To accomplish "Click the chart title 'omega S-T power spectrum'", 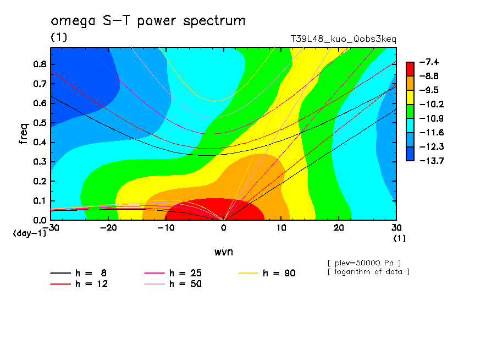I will click(x=148, y=21).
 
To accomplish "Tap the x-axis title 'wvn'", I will click(x=223, y=252).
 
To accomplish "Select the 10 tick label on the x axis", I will click(x=281, y=227).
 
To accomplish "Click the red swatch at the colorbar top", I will click(x=410, y=68).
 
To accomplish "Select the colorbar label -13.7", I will click(x=427, y=161).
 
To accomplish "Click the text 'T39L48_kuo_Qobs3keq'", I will click(x=343, y=40).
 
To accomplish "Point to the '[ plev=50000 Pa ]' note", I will click(x=363, y=262).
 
